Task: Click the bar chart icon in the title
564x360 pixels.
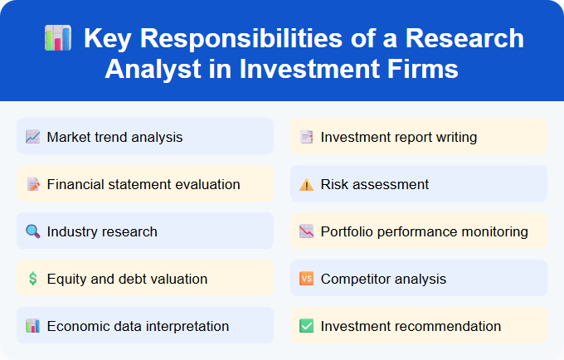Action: tap(58, 39)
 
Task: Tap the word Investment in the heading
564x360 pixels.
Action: tap(307, 68)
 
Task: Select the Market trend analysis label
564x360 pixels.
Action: tap(114, 137)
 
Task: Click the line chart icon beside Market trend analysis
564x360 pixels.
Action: tap(32, 137)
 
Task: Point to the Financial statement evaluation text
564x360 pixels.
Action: tap(143, 184)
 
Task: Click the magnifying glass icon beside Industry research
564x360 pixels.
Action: tap(32, 231)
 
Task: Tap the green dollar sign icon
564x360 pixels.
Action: tap(32, 279)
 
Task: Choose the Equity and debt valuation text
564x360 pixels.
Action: tap(127, 279)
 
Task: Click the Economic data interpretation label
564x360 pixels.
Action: tap(138, 326)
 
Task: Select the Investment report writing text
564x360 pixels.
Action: tap(399, 137)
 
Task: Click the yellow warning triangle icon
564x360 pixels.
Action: tap(306, 184)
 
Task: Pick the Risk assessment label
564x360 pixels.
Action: tap(375, 184)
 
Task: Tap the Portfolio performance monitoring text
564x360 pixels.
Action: tap(424, 231)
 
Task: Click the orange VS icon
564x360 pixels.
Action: tap(306, 279)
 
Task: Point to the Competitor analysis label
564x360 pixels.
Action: tap(383, 279)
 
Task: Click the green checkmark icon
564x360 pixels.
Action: tap(306, 326)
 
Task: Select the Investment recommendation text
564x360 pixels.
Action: tap(411, 326)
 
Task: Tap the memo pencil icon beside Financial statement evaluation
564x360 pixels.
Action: tap(32, 184)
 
